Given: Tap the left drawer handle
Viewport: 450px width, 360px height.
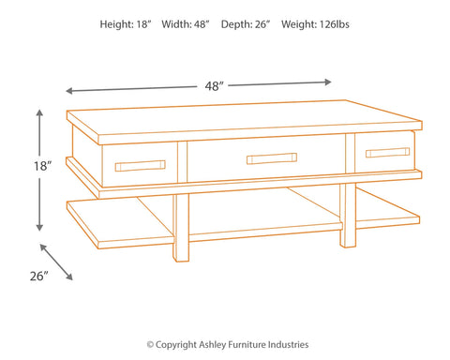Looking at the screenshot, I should pyautogui.click(x=140, y=166).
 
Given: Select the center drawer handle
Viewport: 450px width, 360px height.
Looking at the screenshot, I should pyautogui.click(x=272, y=157).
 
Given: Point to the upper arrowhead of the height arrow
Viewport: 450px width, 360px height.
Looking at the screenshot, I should pyautogui.click(x=39, y=112).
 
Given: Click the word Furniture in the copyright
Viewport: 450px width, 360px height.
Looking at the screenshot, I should pyautogui.click(x=248, y=344).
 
